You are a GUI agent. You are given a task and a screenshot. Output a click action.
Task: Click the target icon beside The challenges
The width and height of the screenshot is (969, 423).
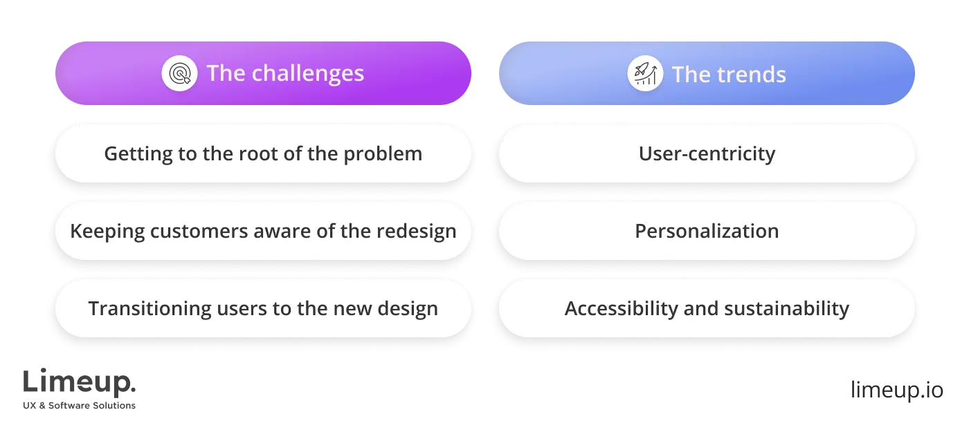[x=179, y=73]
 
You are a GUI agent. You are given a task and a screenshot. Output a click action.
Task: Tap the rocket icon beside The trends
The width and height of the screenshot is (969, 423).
[x=645, y=74]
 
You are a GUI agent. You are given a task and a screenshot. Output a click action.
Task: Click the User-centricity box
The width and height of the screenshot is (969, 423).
[x=707, y=153]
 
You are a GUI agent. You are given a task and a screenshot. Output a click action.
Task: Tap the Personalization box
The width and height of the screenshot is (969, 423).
[x=707, y=231]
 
